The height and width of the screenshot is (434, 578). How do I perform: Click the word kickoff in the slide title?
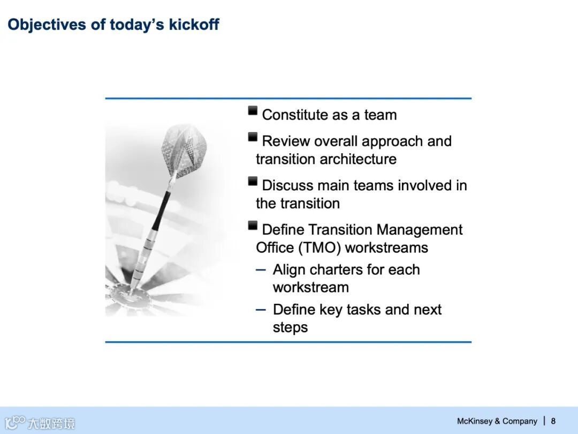[194, 24]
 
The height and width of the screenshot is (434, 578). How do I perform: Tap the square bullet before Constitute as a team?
[253, 111]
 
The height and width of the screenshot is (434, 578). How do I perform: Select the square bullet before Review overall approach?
[253, 137]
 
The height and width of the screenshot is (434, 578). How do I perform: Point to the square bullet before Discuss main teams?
[253, 181]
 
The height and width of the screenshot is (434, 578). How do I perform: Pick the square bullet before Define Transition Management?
[253, 226]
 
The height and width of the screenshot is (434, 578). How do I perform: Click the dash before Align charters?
[261, 270]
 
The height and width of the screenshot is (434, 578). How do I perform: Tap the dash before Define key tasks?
[261, 310]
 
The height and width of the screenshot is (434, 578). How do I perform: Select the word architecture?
[358, 159]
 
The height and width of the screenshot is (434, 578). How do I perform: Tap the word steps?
[290, 328]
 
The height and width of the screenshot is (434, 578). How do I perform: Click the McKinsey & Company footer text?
[497, 421]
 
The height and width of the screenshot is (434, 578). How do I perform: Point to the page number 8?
[553, 421]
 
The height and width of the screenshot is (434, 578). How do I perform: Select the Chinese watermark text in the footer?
[51, 423]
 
